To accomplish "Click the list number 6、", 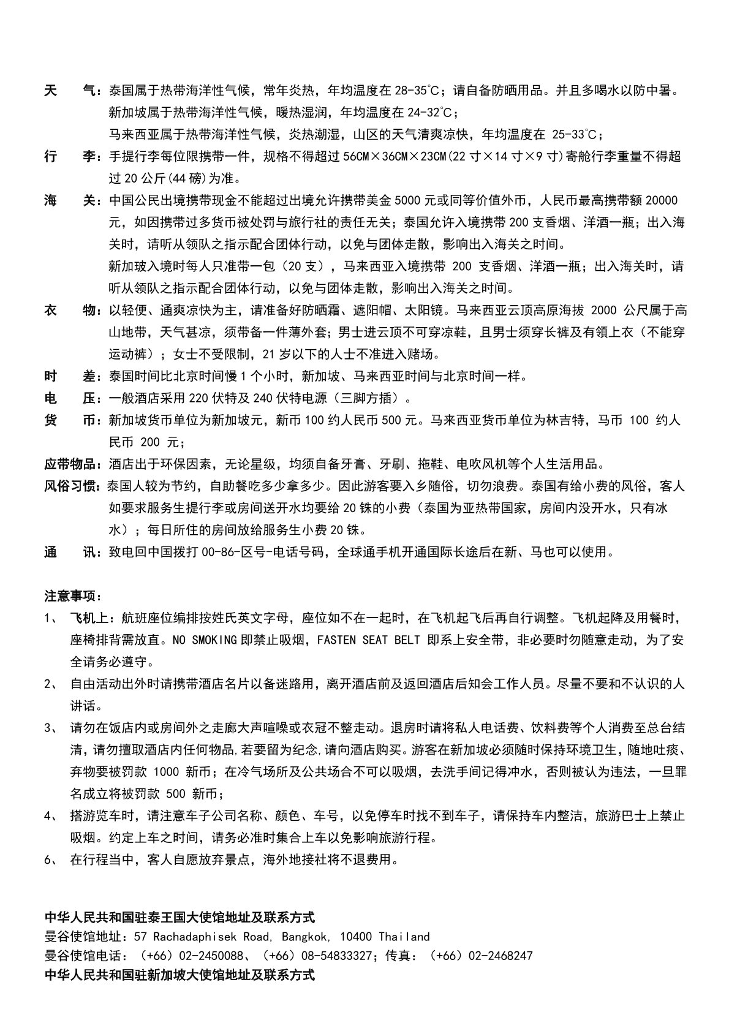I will pyautogui.click(x=51, y=859).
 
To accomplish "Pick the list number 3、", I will pyautogui.click(x=51, y=728).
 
